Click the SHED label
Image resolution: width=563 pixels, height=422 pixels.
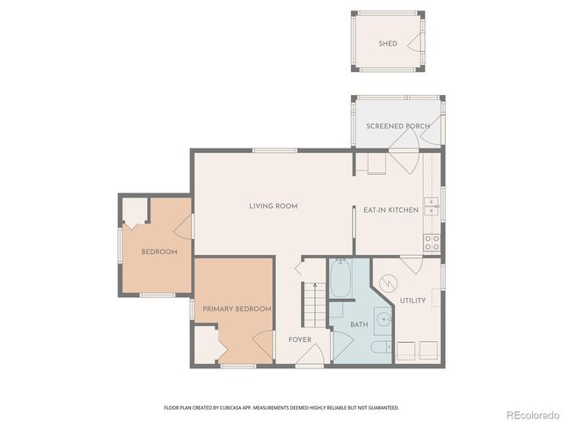click(x=387, y=43)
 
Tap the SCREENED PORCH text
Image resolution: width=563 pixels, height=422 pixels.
click(x=398, y=127)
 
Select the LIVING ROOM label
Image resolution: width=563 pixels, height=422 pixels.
click(x=273, y=207)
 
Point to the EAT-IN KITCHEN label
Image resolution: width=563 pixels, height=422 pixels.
click(x=390, y=210)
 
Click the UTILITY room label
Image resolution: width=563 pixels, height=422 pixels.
click(x=413, y=301)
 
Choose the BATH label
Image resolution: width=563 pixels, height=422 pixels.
click(x=359, y=324)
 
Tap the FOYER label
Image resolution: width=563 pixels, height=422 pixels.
click(x=300, y=338)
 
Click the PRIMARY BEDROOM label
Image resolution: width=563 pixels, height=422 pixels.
click(x=237, y=309)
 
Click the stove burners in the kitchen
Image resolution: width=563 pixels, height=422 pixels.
click(x=432, y=243)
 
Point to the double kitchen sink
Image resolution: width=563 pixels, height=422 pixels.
click(x=432, y=207)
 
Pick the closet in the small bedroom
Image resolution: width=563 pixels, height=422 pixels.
click(x=134, y=212)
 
